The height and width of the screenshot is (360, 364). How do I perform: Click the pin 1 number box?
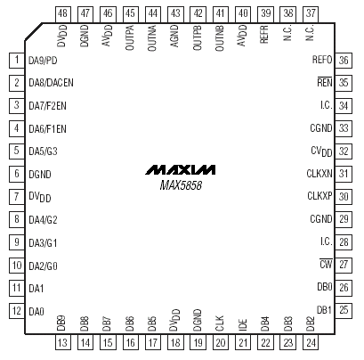(17, 61)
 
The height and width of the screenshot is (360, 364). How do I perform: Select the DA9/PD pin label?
(43, 61)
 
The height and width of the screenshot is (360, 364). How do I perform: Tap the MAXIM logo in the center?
(181, 169)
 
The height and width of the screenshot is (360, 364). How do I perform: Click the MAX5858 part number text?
(181, 185)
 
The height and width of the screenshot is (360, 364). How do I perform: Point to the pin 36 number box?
(344, 61)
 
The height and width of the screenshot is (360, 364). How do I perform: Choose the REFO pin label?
(322, 60)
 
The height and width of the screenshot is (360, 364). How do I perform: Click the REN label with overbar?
(325, 82)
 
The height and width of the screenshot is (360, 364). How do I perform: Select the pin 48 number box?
(63, 14)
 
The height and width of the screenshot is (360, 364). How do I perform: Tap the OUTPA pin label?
(130, 37)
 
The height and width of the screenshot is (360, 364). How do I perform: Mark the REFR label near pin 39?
(264, 35)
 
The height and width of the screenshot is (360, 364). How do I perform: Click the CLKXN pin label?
(320, 173)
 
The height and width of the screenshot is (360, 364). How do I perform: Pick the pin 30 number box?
(344, 196)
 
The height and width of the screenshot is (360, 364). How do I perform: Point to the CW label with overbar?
(326, 264)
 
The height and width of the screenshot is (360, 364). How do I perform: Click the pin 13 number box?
(63, 342)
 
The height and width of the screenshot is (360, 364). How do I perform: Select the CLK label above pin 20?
(220, 323)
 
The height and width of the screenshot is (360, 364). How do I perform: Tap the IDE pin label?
(242, 325)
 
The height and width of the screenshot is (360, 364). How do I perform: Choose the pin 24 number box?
(311, 342)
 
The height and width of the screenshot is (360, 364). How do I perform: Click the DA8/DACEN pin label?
(51, 83)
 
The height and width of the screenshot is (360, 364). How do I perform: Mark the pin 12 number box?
(17, 311)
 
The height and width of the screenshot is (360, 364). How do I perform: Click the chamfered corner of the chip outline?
(33, 32)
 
